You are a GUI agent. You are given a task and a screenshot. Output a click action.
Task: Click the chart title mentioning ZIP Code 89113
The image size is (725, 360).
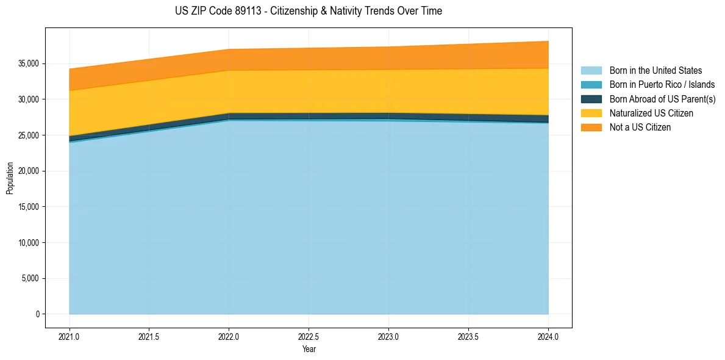click(308, 11)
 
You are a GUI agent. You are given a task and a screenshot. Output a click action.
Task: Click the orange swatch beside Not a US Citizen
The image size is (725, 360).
click(591, 128)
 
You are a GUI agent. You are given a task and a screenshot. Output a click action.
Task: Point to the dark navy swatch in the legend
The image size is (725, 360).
click(591, 99)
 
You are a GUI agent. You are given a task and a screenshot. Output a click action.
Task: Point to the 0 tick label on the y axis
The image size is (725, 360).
click(37, 314)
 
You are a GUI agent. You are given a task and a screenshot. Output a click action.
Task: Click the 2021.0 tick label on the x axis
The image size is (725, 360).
click(69, 336)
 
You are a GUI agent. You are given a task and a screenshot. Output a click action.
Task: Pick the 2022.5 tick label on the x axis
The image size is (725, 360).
click(309, 336)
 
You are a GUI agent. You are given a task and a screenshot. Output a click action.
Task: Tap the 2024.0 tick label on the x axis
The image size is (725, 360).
click(548, 336)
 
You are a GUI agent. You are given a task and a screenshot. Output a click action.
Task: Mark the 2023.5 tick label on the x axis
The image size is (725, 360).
click(468, 336)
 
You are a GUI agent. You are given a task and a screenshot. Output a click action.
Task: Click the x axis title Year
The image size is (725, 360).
click(309, 350)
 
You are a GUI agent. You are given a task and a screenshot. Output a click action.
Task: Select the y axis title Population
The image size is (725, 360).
click(10, 178)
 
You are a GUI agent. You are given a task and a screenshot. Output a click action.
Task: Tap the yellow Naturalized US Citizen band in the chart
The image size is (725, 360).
click(309, 92)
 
